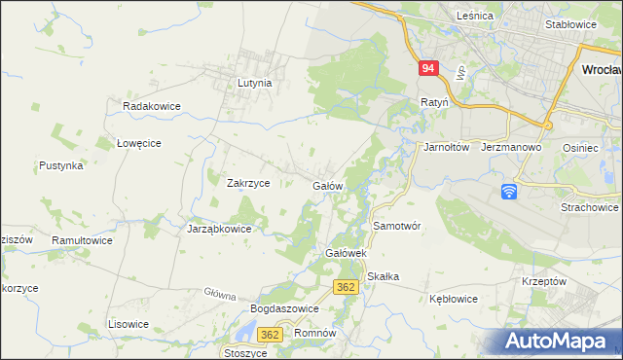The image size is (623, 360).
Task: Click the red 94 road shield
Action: coord(429,69)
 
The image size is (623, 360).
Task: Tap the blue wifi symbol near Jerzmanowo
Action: coord(509,192)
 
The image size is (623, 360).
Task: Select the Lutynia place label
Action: coord(254,84)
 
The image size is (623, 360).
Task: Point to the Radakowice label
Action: coord(147,105)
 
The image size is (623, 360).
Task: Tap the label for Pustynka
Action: coord(60,166)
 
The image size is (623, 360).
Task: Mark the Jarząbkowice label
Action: coord(219,230)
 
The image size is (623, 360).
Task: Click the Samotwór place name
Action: coord(396,226)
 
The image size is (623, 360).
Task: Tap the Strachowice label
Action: coord(590,207)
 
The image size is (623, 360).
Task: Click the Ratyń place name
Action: coord(433,101)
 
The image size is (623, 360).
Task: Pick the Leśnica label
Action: coord(477,16)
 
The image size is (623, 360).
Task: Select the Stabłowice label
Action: coord(570,24)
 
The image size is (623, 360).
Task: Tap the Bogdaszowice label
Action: coord(285,308)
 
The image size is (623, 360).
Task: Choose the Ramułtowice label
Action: coord(83,239)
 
